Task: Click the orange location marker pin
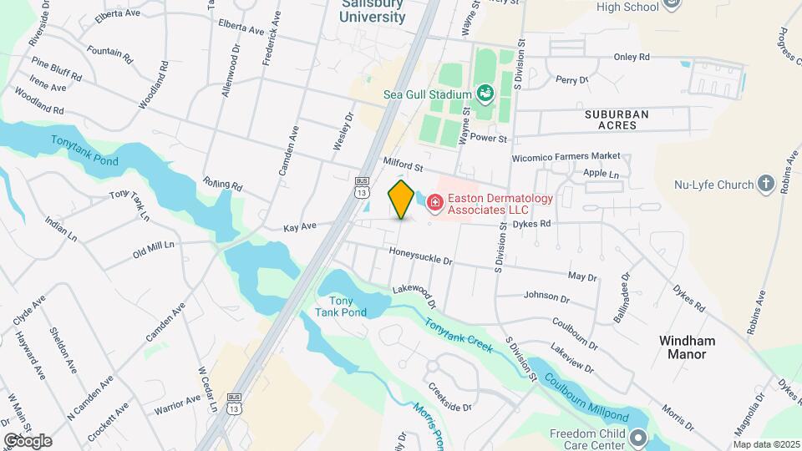[401, 199]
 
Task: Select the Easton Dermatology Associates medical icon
[434, 201]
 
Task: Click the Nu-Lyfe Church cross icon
[766, 184]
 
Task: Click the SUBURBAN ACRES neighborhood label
[617, 119]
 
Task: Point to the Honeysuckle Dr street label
[420, 256]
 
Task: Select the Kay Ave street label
[300, 227]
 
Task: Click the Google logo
[28, 440]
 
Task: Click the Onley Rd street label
[632, 58]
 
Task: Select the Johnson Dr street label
[546, 296]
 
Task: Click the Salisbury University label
[373, 12]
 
